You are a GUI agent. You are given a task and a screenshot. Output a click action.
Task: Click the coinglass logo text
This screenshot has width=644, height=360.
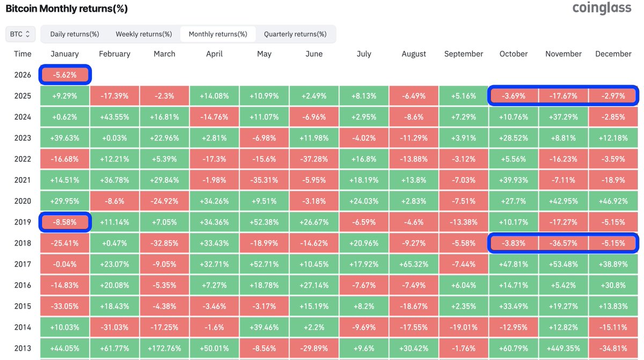(602, 8)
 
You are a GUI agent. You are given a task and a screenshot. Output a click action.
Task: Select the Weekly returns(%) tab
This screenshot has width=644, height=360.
(144, 34)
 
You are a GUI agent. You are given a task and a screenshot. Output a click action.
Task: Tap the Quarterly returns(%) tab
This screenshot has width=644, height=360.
(295, 34)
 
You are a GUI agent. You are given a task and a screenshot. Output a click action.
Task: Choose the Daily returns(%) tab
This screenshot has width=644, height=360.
(75, 34)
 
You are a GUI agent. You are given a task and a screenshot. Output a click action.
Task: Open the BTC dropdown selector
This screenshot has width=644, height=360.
(20, 34)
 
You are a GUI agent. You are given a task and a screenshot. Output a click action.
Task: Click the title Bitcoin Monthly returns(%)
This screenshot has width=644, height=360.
(67, 9)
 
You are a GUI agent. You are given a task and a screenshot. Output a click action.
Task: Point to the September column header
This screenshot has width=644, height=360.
(464, 54)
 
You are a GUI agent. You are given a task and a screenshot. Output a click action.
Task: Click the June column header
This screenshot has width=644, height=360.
(314, 54)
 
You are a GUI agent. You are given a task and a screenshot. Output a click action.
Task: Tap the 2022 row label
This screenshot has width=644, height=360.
(23, 159)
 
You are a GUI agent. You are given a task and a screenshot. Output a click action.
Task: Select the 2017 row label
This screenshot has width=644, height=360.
(23, 264)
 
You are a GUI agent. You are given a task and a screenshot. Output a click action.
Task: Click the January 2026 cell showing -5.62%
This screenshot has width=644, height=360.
(64, 75)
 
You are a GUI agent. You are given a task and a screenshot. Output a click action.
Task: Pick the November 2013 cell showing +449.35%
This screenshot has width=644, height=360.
(563, 348)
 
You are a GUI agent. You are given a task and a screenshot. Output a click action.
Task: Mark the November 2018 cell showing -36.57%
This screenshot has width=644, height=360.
(563, 243)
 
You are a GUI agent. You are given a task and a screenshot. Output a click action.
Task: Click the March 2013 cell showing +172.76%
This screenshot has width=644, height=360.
(164, 348)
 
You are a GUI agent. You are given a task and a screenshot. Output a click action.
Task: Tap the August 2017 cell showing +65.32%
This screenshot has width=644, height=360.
(414, 264)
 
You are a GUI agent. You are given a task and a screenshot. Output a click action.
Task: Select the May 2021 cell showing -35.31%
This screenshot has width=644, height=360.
(264, 180)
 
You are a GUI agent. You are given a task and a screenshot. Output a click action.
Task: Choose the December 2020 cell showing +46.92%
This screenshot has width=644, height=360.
(613, 201)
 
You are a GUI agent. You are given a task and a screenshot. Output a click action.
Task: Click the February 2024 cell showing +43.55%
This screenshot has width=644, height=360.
(114, 117)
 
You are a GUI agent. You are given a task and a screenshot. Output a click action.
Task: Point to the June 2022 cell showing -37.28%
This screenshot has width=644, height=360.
(314, 159)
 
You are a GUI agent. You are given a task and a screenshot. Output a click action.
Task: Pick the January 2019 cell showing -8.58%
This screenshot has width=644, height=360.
(64, 222)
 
